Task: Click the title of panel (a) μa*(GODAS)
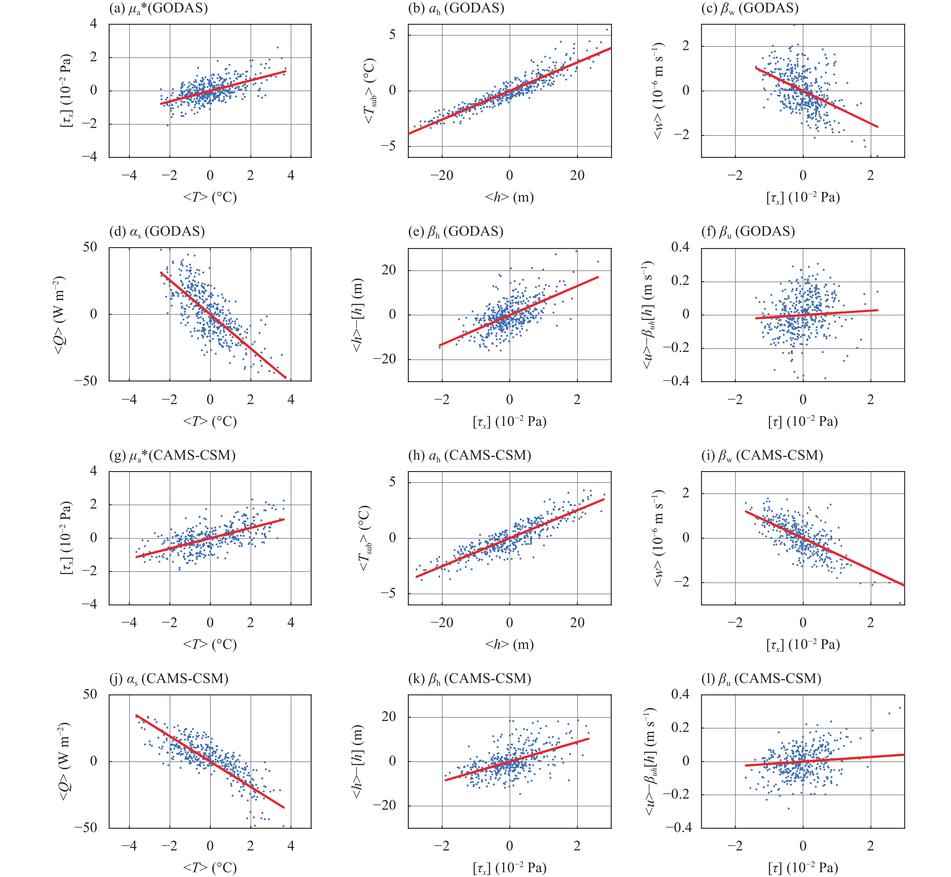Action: [158, 8]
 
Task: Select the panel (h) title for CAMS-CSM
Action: [469, 456]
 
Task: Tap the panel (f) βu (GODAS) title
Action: [748, 231]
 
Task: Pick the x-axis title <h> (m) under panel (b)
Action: [509, 197]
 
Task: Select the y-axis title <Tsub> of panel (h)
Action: [366, 538]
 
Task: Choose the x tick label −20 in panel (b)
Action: [442, 176]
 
